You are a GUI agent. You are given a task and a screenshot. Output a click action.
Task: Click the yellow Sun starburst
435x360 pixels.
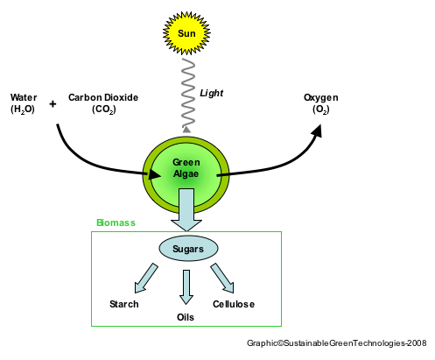(187, 33)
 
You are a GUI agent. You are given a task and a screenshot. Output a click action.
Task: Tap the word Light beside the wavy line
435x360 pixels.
(212, 91)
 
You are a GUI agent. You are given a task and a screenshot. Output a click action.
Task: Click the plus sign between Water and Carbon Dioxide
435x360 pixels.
(53, 103)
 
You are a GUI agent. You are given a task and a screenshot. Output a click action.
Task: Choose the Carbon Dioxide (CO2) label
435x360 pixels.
(103, 102)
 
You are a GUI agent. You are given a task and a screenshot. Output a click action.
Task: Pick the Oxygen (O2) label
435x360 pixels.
(320, 102)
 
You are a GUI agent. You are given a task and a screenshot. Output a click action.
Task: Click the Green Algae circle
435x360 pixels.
(186, 169)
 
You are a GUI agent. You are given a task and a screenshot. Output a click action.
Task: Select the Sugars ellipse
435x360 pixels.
(187, 249)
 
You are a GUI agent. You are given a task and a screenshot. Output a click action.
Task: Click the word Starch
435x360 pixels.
(124, 304)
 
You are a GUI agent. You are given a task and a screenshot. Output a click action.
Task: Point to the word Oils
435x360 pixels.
(186, 316)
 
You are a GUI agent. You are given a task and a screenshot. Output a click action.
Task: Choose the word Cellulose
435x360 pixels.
(234, 304)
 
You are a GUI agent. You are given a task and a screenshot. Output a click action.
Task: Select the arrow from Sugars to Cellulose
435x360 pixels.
(223, 278)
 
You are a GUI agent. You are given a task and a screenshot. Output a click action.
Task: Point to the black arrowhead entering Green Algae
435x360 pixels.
(154, 174)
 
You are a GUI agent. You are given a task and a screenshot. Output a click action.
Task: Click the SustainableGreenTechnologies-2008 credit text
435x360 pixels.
(337, 344)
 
